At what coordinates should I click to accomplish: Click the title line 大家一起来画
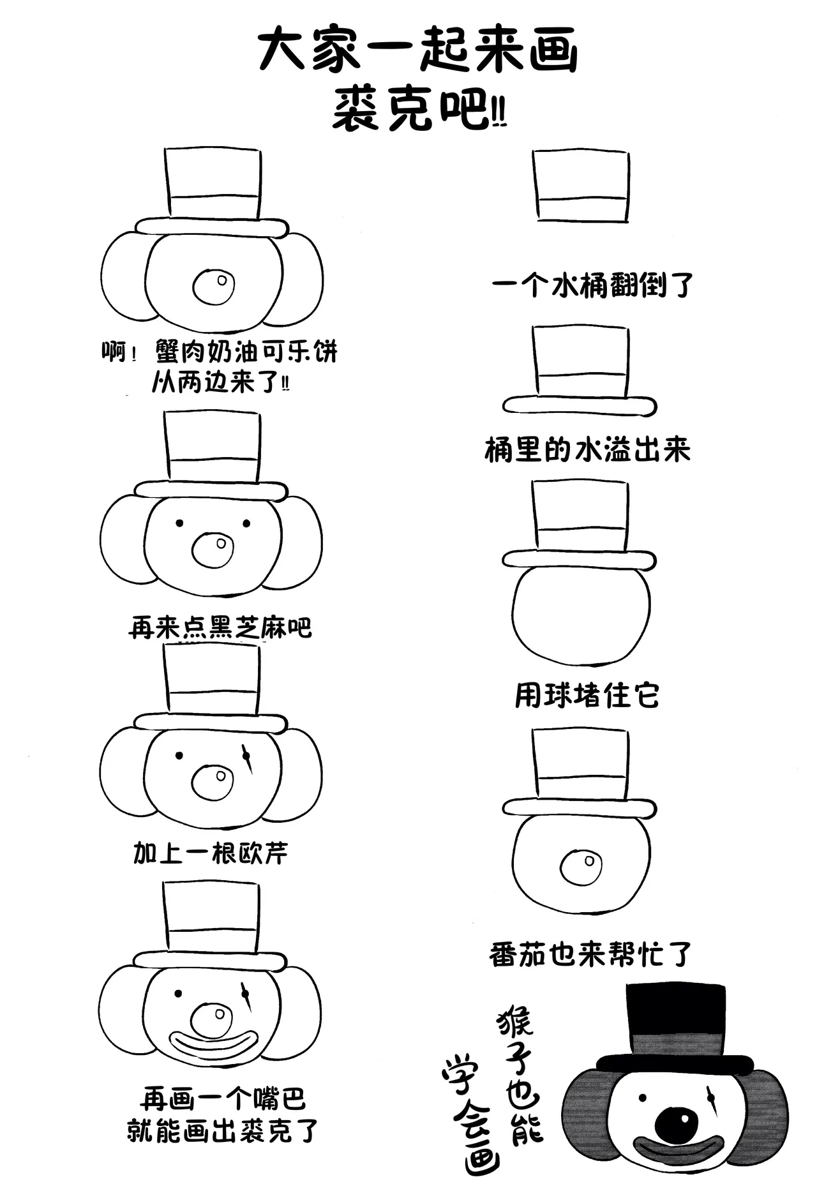pos(418,52)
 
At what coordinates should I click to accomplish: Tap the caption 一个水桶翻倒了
pos(592,285)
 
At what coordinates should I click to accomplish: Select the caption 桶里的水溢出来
pos(587,450)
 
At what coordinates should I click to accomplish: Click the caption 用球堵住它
pos(587,695)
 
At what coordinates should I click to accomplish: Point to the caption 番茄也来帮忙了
pos(590,955)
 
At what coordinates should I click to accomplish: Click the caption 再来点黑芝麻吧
pos(220,627)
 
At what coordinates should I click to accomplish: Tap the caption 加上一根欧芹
pos(211,853)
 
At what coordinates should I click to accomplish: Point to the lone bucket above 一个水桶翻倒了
pos(581,186)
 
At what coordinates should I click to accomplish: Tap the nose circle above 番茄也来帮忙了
pos(581,867)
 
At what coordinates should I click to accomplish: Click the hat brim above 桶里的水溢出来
pos(580,406)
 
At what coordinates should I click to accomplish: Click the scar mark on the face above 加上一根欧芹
pos(247,757)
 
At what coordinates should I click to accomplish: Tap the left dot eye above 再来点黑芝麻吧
pos(179,523)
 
